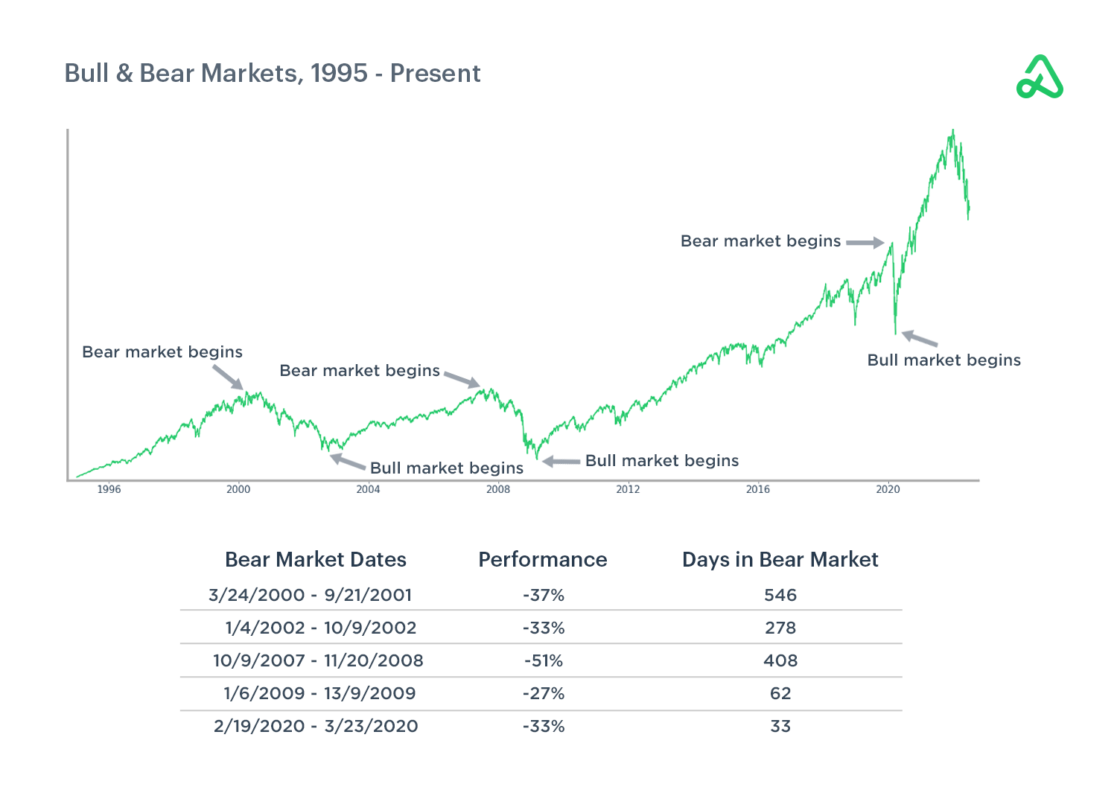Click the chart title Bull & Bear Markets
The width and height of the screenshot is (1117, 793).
tap(273, 74)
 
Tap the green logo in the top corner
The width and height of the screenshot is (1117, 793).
tap(1040, 77)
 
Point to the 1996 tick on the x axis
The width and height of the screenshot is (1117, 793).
tap(109, 489)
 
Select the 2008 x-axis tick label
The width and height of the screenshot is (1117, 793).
tap(498, 489)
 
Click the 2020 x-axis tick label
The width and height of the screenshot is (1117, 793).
tap(888, 489)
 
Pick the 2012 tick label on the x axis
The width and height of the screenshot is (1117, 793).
tap(628, 489)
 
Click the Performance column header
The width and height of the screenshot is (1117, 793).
tap(542, 560)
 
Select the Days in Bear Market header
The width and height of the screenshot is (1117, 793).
tap(780, 560)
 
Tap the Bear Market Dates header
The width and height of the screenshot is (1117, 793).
tap(316, 560)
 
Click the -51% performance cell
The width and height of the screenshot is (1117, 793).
tap(544, 660)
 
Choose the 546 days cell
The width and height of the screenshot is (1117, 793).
tap(780, 595)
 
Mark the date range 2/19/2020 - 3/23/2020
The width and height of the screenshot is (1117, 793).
tap(316, 726)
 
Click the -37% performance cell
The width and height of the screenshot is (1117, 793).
tap(544, 595)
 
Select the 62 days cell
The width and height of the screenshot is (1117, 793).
tap(780, 693)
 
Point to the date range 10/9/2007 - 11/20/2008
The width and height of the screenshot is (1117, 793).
tap(318, 660)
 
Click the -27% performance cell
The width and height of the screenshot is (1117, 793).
tap(544, 693)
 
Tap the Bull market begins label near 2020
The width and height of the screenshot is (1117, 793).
tap(943, 360)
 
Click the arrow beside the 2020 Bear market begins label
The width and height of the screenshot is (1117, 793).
tap(865, 243)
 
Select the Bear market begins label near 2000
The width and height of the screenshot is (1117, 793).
tap(162, 352)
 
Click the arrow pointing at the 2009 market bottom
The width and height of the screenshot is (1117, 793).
tap(561, 462)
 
